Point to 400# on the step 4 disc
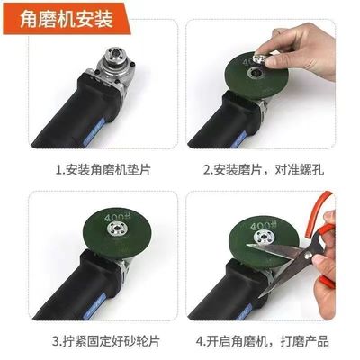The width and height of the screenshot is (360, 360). pos(260,221)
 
